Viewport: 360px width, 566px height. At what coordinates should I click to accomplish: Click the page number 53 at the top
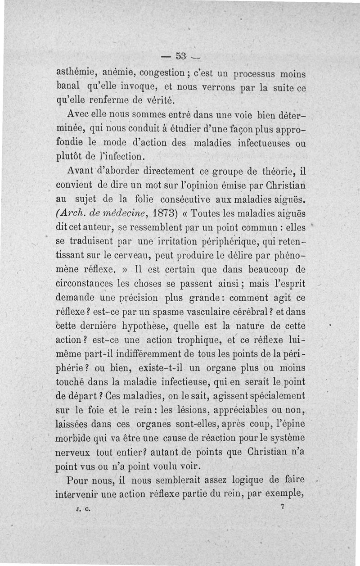coord(181,56)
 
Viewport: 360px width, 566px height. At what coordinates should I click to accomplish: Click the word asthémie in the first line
coord(74,72)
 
